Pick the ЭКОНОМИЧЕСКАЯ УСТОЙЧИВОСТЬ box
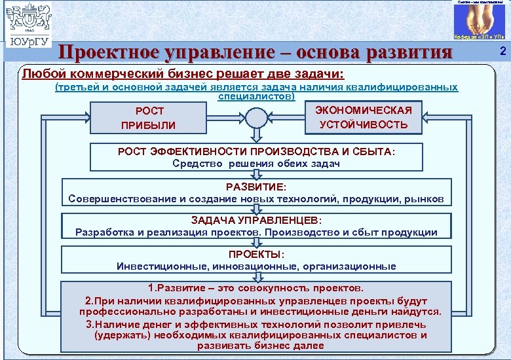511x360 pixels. tap(364, 117)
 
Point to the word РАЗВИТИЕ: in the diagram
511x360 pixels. tap(255, 187)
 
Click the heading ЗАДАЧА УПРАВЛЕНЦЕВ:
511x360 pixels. tap(256, 221)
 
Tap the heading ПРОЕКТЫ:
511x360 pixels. tap(256, 255)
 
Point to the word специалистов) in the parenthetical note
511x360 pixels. tap(256, 96)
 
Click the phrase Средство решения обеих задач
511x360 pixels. tap(256, 163)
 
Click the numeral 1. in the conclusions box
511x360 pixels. tap(153, 288)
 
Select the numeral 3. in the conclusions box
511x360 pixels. tap(90, 324)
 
